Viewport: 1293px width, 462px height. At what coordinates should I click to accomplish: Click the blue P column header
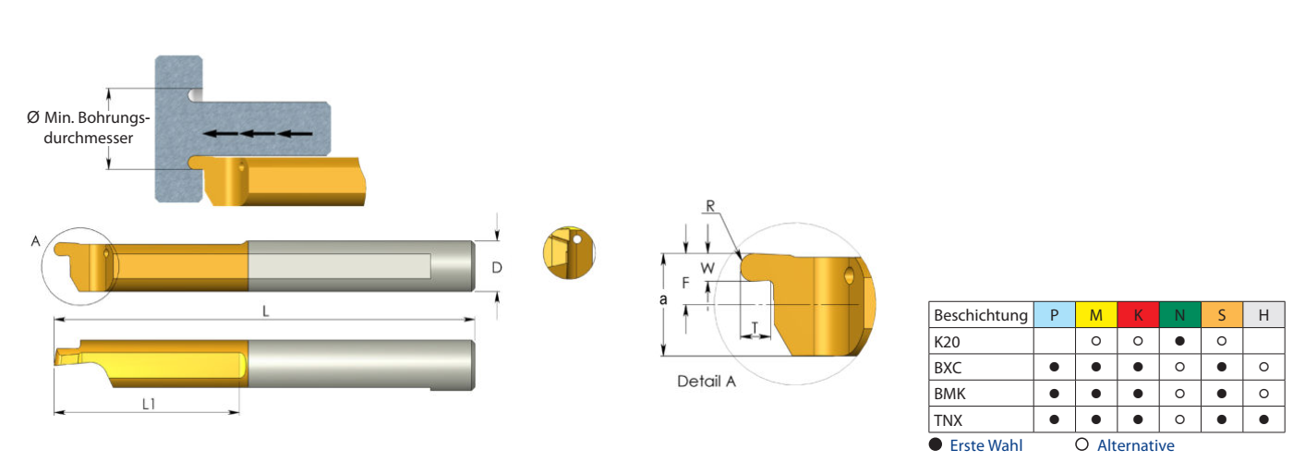click(x=1054, y=315)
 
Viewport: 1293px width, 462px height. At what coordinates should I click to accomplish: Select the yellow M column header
click(x=1095, y=315)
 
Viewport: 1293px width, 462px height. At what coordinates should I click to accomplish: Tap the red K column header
click(x=1138, y=315)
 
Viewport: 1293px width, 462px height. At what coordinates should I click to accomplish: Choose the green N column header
click(x=1180, y=315)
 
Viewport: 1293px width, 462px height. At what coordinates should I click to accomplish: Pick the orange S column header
click(x=1221, y=315)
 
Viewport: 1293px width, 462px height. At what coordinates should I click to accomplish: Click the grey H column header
click(x=1263, y=315)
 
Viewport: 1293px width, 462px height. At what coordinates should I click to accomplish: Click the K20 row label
click(x=947, y=342)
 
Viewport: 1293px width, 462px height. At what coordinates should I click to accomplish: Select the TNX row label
click(x=948, y=420)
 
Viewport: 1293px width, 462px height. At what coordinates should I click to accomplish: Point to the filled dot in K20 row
click(x=1180, y=341)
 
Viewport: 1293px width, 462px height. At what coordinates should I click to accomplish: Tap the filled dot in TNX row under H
click(x=1263, y=419)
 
